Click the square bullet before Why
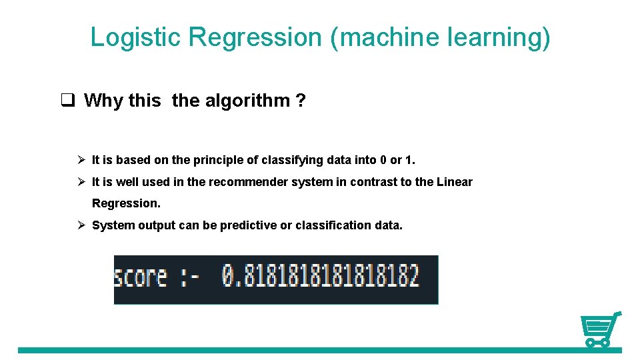(x=67, y=101)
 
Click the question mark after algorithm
(x=301, y=101)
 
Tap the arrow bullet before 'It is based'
(x=80, y=160)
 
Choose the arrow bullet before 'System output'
(x=80, y=225)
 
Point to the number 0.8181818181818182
(x=321, y=276)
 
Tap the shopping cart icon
(x=599, y=329)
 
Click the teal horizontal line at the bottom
(x=300, y=350)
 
